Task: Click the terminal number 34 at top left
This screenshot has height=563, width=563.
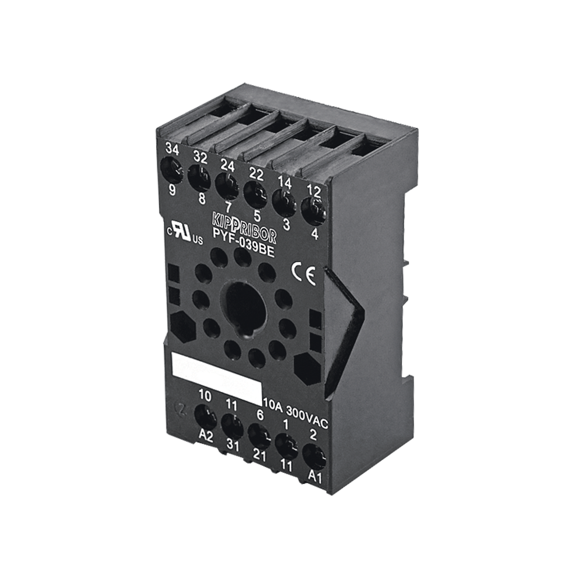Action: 173,150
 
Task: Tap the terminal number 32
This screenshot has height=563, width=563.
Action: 200,158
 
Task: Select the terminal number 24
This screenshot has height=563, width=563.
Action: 228,165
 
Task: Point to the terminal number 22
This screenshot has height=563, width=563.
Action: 255,174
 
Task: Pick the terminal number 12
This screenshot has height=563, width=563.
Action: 313,190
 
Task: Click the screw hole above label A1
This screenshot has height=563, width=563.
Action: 314,456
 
